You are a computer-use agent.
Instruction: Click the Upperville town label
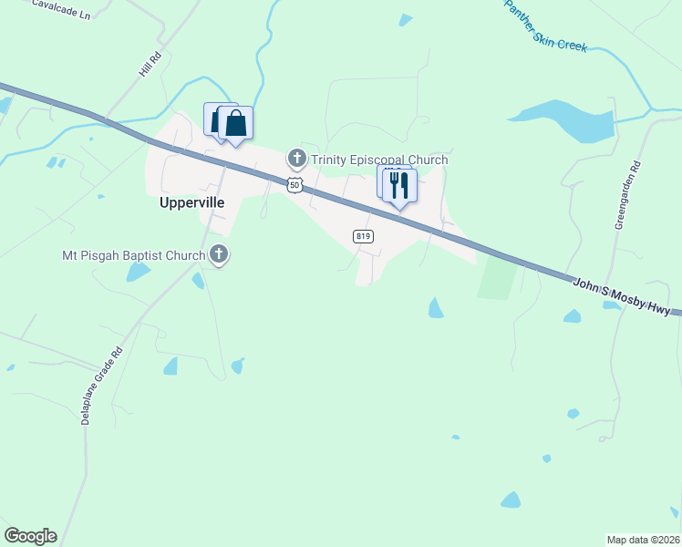coord(191,204)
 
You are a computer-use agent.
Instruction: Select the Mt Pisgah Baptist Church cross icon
coord(218,255)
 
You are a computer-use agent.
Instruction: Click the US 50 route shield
coord(294,185)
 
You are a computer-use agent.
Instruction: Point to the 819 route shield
coord(363,236)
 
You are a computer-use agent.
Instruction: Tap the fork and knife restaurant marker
coord(399,186)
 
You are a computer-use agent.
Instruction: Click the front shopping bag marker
coord(236,123)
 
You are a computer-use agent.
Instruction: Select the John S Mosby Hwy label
coord(626,297)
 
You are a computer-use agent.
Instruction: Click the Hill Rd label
coord(150,65)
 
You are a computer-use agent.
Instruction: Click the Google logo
coord(30,536)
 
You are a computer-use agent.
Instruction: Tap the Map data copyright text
coord(643,540)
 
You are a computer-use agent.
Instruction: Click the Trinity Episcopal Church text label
coord(379,160)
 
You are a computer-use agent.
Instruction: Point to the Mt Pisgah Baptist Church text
coord(133,255)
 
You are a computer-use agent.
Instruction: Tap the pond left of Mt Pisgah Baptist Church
coord(139,272)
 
